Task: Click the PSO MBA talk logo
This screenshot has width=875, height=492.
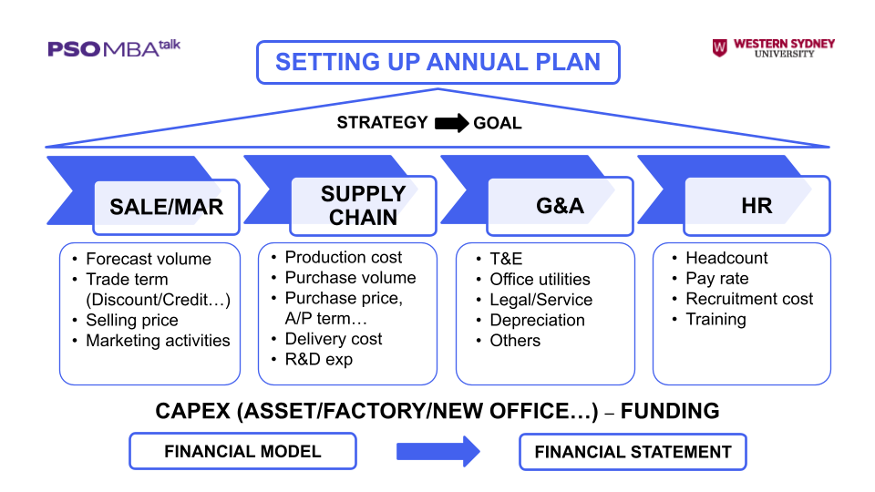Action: [114, 48]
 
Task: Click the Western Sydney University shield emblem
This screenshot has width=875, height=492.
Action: [719, 48]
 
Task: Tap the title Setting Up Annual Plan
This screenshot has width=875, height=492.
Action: [437, 62]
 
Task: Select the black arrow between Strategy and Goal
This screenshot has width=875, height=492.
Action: [450, 123]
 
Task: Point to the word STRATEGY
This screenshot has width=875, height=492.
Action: [382, 123]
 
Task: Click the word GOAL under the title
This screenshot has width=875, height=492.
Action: [498, 123]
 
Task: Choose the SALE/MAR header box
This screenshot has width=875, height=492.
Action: [166, 207]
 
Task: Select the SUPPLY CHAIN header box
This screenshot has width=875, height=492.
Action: [363, 206]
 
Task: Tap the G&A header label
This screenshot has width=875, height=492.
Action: [560, 206]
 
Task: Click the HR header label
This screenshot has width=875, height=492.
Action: [757, 206]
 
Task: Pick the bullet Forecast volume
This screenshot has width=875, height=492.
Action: [148, 259]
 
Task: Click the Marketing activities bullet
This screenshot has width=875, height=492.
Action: [158, 341]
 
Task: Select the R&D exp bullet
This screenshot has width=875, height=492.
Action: [318, 359]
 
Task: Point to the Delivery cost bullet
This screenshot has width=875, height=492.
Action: [334, 339]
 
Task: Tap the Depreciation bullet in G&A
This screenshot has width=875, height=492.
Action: [537, 320]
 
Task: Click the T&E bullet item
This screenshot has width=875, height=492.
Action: [506, 259]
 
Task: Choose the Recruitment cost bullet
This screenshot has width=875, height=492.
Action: [749, 299]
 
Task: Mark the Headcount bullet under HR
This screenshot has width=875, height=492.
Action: [726, 258]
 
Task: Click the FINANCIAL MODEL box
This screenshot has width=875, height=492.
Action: [242, 451]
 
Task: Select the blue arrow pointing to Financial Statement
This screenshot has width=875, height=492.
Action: [437, 451]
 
